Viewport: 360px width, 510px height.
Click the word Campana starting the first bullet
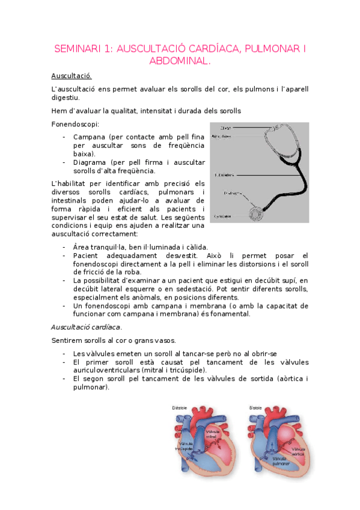88,137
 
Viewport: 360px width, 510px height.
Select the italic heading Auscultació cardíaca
86,327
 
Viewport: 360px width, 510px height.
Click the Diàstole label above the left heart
180,408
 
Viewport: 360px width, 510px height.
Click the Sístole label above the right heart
256,408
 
